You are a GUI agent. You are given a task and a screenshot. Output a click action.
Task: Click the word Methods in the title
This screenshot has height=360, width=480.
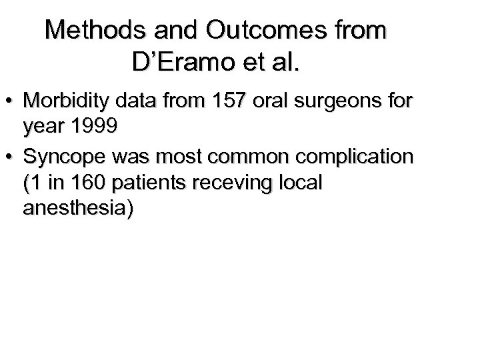[x=91, y=30]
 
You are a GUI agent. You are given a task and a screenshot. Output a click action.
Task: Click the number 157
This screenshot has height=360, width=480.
[x=226, y=101]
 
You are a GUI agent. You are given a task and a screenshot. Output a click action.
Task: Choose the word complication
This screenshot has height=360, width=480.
[x=358, y=157]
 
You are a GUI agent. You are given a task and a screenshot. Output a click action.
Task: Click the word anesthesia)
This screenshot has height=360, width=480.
[x=78, y=209]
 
